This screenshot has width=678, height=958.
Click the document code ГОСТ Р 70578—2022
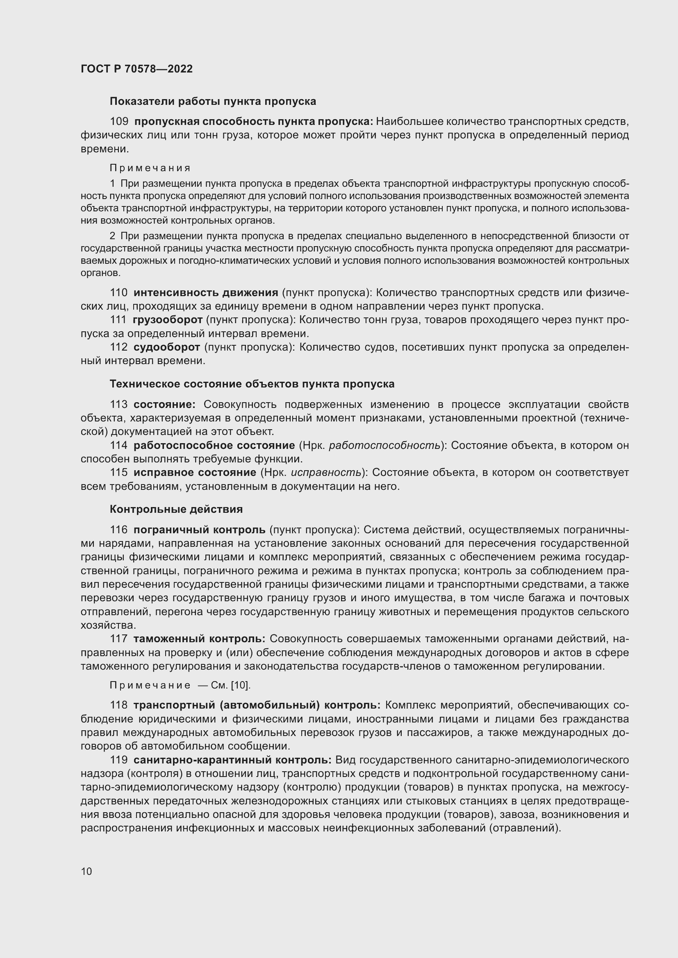coord(137,69)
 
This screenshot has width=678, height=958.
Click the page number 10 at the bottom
coord(86,871)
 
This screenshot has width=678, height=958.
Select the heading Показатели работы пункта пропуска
coord(212,102)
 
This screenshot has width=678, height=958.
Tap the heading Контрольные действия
coord(176,509)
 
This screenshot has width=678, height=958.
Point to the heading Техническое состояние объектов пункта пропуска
coord(252,384)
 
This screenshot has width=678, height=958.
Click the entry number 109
coord(118,122)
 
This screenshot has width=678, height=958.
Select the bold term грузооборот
coord(167,320)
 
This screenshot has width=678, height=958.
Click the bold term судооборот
coord(166,347)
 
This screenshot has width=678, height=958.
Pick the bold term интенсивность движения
coord(206,293)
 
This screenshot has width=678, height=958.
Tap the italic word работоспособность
coord(384,446)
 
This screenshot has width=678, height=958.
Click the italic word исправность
coord(325,473)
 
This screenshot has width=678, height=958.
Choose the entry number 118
coord(118,706)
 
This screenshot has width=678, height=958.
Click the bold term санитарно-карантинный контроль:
coord(232,760)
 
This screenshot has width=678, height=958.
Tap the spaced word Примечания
coord(150,168)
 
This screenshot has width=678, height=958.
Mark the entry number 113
coord(118,405)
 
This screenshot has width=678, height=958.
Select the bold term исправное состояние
coord(195,473)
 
